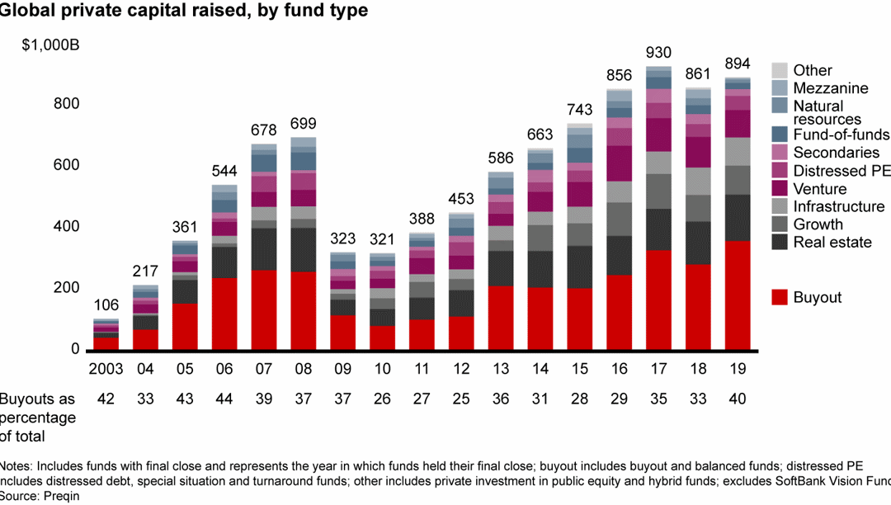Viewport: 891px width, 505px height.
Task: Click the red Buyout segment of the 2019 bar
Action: click(x=737, y=295)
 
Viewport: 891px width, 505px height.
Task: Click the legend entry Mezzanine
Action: click(x=830, y=88)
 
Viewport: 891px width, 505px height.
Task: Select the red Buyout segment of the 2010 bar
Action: click(x=381, y=337)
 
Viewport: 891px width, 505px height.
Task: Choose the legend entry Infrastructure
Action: click(x=838, y=206)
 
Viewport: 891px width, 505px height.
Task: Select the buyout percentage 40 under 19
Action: click(x=737, y=399)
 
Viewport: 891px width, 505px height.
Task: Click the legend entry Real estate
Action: click(x=832, y=242)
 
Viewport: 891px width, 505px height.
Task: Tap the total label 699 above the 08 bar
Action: click(x=302, y=124)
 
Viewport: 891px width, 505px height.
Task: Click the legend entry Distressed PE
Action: click(x=841, y=171)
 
